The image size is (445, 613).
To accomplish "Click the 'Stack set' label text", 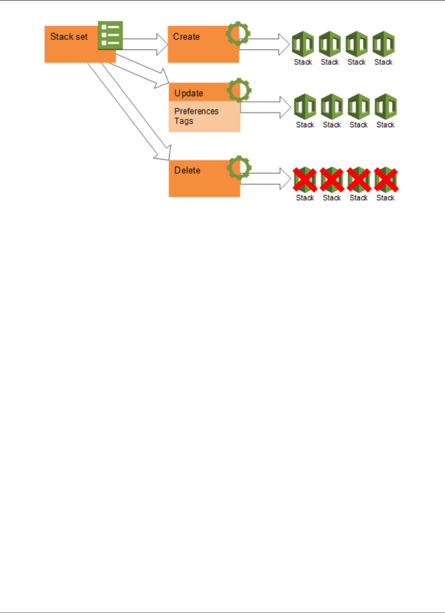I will (69, 37).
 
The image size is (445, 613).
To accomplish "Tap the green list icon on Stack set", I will (110, 35).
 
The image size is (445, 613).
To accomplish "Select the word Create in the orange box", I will (186, 37).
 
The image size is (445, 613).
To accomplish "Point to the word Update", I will (189, 93).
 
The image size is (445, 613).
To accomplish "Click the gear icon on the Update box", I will (239, 90).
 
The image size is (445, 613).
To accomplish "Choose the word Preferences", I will (196, 111).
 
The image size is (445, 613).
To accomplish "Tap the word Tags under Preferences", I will (184, 121).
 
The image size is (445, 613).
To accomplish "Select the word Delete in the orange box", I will (187, 171).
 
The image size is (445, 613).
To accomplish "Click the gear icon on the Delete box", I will (239, 168).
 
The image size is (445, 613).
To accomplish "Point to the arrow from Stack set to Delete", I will (130, 110).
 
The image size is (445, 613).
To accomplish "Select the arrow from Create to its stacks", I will (266, 44).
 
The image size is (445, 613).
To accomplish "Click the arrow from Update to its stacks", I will (266, 108).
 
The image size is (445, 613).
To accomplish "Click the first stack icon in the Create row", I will (303, 44).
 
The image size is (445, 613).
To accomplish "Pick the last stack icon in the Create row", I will (384, 44).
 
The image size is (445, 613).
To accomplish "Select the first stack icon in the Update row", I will (305, 107).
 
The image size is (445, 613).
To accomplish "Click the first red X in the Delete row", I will (305, 179).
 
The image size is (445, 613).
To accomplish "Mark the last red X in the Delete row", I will (386, 179).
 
